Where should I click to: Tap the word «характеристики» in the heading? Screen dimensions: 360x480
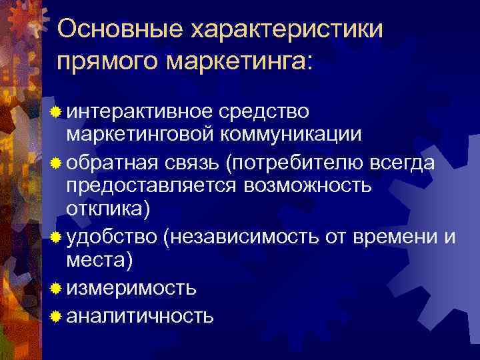[288, 29]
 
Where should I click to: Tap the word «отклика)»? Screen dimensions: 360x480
[108, 209]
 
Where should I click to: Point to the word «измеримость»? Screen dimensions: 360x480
[131, 288]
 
